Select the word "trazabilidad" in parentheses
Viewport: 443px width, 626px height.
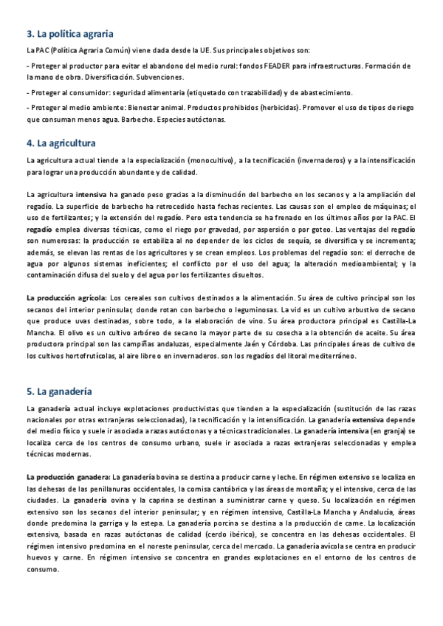click(259, 92)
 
